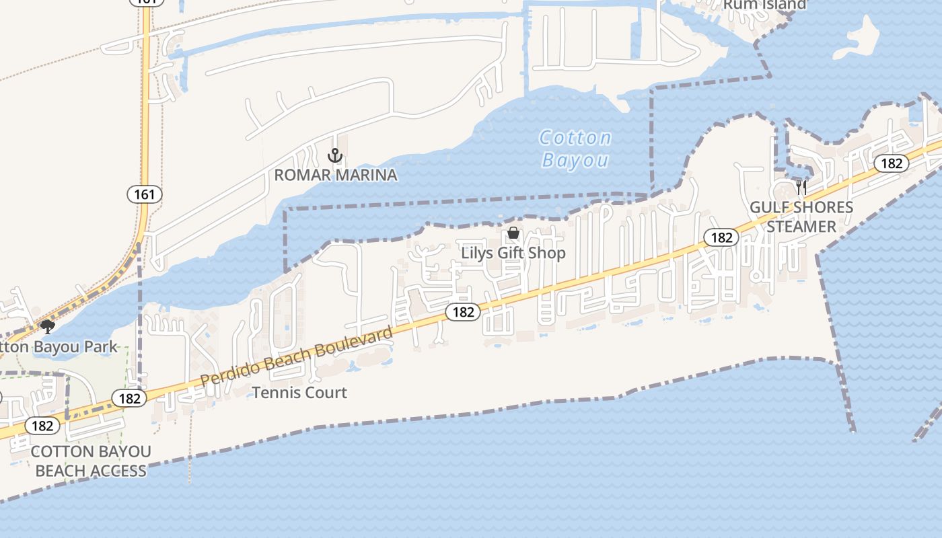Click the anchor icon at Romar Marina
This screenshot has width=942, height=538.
point(335,156)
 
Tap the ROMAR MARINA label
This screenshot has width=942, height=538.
point(335,176)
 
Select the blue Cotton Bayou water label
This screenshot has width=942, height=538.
point(575,149)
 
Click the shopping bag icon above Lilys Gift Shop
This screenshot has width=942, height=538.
point(513,233)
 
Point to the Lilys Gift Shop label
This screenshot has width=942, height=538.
point(513,254)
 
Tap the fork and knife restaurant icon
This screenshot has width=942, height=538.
point(801,187)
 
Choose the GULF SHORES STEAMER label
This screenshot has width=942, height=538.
point(801,217)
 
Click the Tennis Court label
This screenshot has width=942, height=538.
point(299,393)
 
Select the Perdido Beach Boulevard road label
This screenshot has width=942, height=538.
point(296,357)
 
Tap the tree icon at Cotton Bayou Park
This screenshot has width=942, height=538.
point(47,328)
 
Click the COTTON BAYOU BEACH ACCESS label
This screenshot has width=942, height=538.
point(91,461)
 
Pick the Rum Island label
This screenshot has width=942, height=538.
point(764,5)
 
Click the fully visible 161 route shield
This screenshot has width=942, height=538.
point(144,195)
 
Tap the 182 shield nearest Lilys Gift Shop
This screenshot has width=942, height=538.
point(463,311)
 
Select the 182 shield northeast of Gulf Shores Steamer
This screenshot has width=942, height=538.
point(892,163)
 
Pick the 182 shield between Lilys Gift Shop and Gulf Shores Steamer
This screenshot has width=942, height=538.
point(721,237)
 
